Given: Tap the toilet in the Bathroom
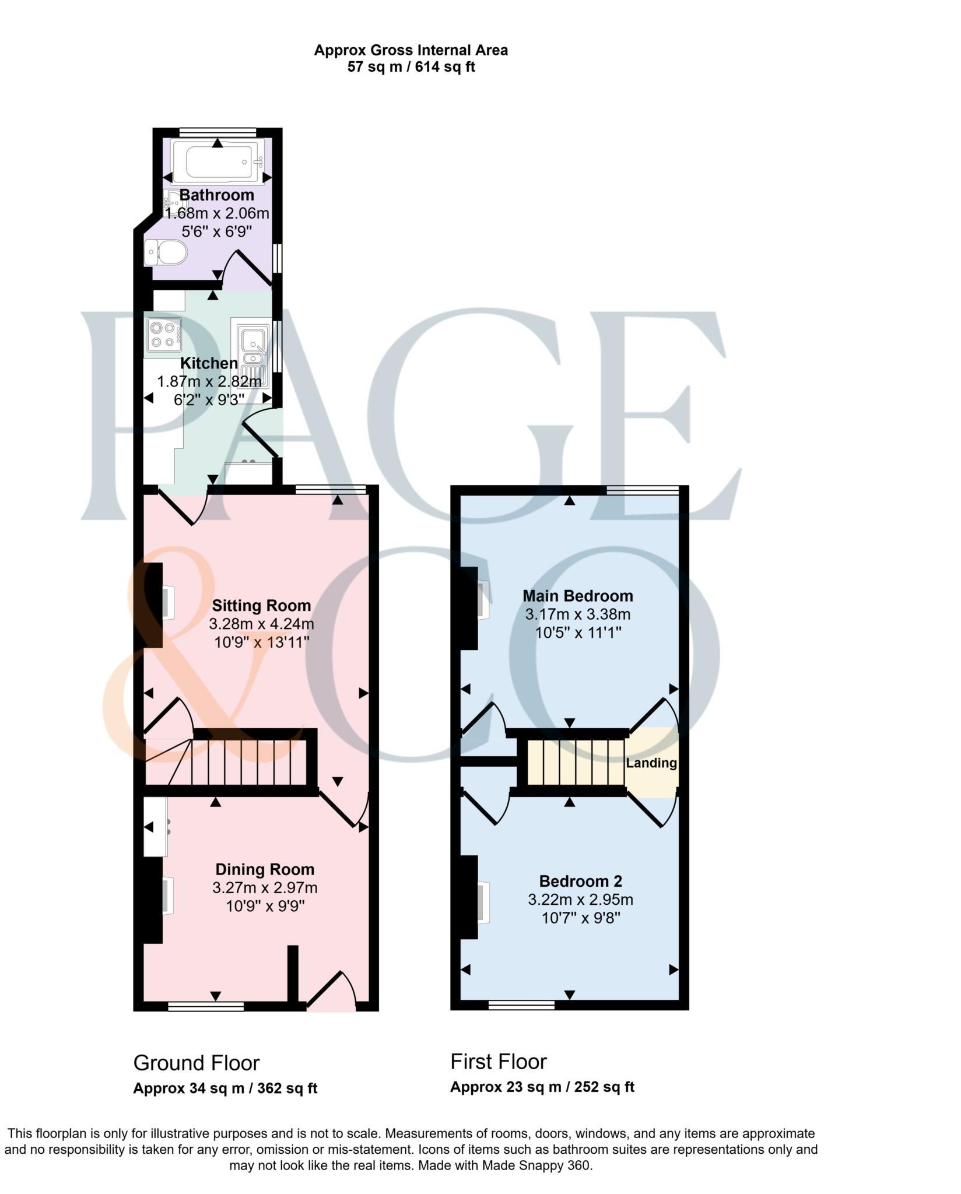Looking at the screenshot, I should [x=166, y=253].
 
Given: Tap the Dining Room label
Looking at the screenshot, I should [x=265, y=869].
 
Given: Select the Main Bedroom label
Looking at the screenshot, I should [x=577, y=595].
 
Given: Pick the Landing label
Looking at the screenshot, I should [x=651, y=763].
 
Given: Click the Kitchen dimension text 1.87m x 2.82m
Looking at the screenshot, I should [x=209, y=381].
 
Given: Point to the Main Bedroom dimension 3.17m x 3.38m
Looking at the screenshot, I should [x=577, y=614].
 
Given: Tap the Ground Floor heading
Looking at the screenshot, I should [x=196, y=1063].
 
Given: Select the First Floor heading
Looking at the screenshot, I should [x=498, y=1062].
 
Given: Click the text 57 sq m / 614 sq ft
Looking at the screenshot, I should [x=411, y=67].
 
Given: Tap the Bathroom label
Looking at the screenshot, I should [x=216, y=195].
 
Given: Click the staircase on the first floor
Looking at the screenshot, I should [x=576, y=763].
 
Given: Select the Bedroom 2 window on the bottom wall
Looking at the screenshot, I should [x=521, y=1005].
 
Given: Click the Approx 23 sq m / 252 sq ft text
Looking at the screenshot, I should [x=542, y=1087].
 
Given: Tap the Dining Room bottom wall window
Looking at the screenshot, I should [x=206, y=1006].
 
